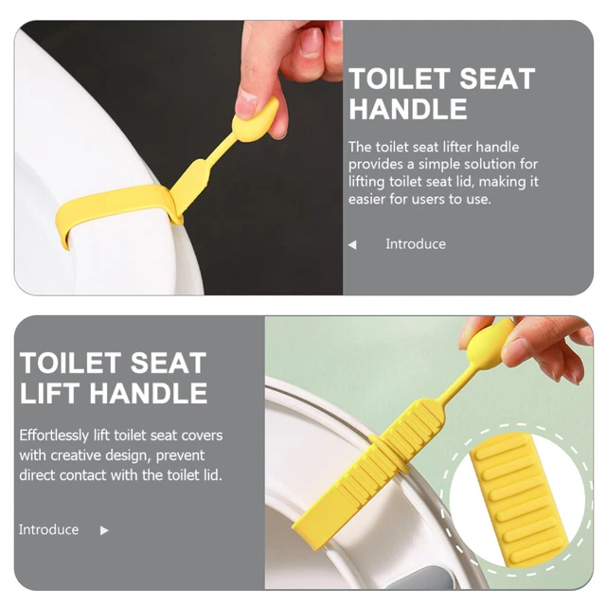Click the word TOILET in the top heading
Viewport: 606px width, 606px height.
400,79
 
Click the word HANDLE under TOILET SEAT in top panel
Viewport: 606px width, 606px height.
408,109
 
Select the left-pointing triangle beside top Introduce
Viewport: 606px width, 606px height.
352,244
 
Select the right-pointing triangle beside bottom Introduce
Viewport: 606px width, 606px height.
104,530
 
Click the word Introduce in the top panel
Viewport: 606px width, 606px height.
416,244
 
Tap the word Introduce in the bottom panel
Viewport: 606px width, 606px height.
48,529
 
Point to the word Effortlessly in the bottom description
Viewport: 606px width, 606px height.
54,436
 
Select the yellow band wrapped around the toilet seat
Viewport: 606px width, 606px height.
116,206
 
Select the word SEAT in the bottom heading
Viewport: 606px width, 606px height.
169,364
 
